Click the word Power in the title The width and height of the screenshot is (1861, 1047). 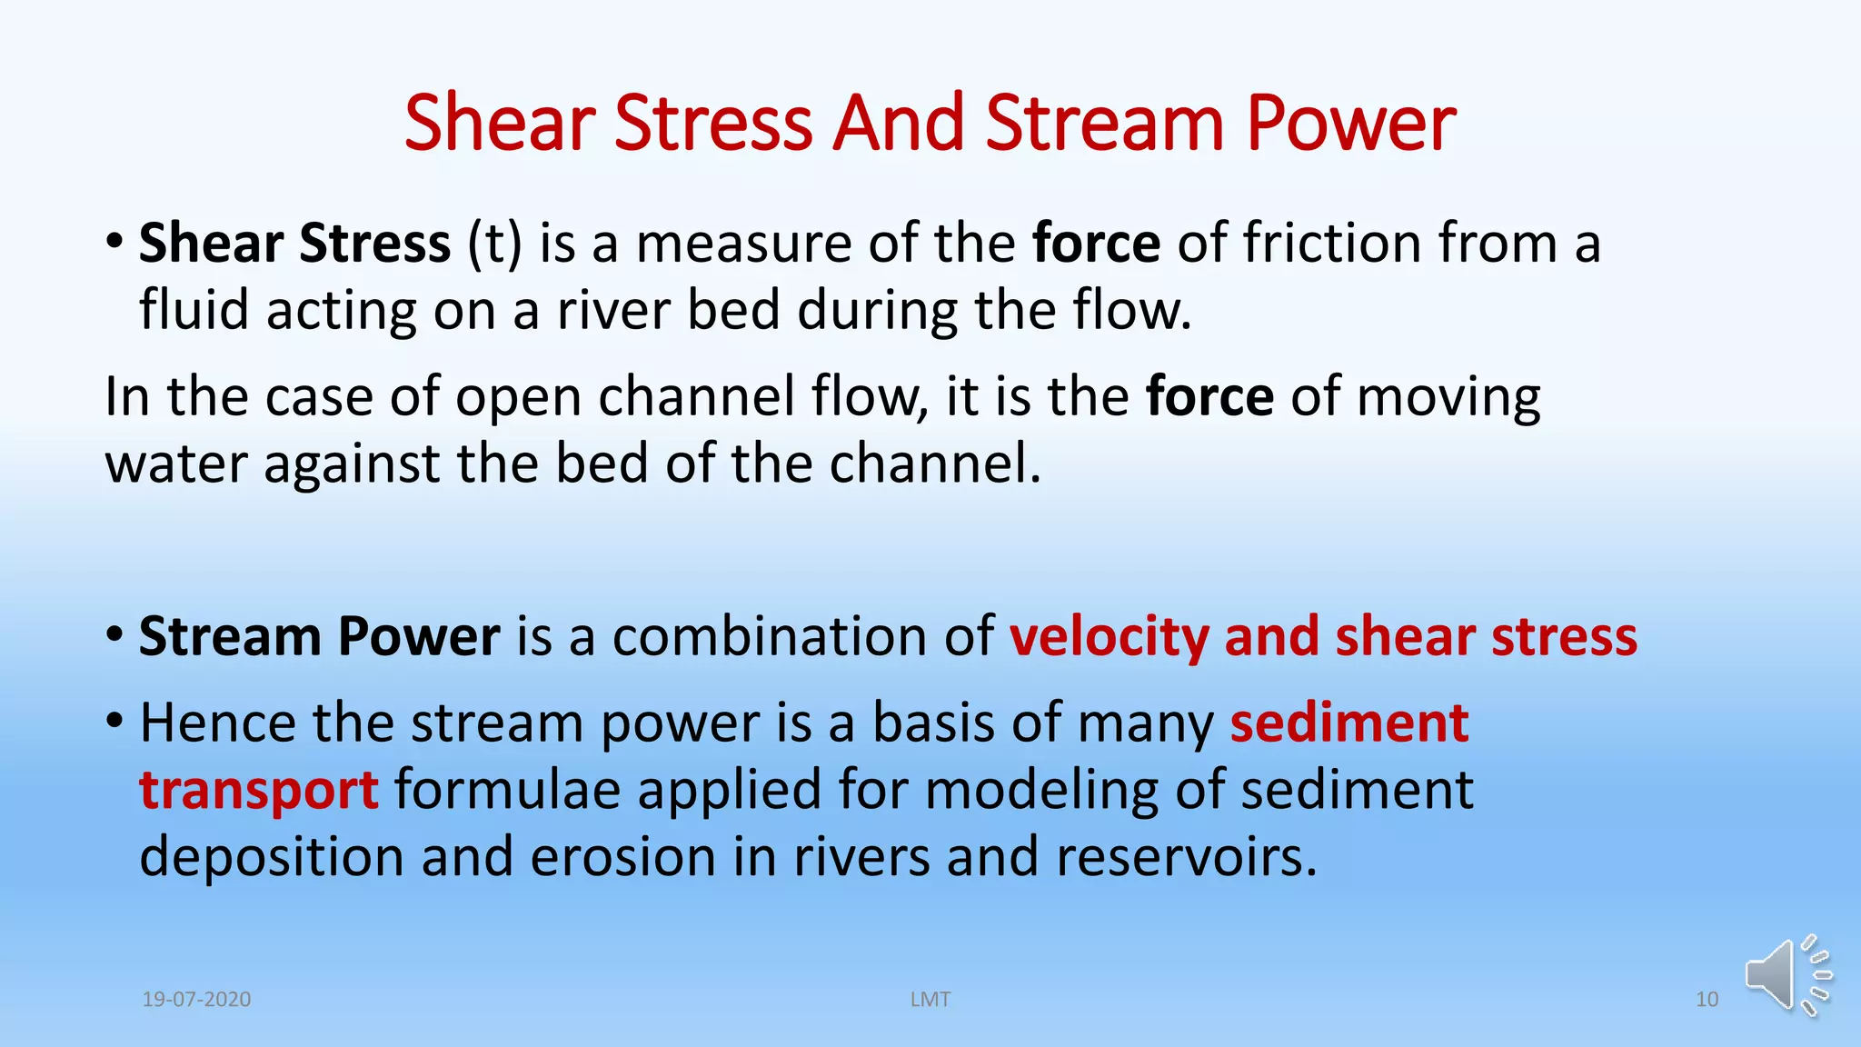(1350, 124)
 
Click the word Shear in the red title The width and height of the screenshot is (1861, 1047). (500, 124)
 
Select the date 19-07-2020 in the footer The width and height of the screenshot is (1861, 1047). (196, 1000)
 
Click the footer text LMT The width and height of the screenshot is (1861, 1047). (930, 1000)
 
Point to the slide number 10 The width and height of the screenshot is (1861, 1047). (1707, 1000)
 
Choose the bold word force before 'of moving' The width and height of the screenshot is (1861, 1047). (1209, 398)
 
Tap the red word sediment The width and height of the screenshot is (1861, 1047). (1349, 723)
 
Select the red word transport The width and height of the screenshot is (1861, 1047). (258, 791)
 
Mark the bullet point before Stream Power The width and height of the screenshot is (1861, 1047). (114, 634)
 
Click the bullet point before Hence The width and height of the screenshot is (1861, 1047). (114, 722)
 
